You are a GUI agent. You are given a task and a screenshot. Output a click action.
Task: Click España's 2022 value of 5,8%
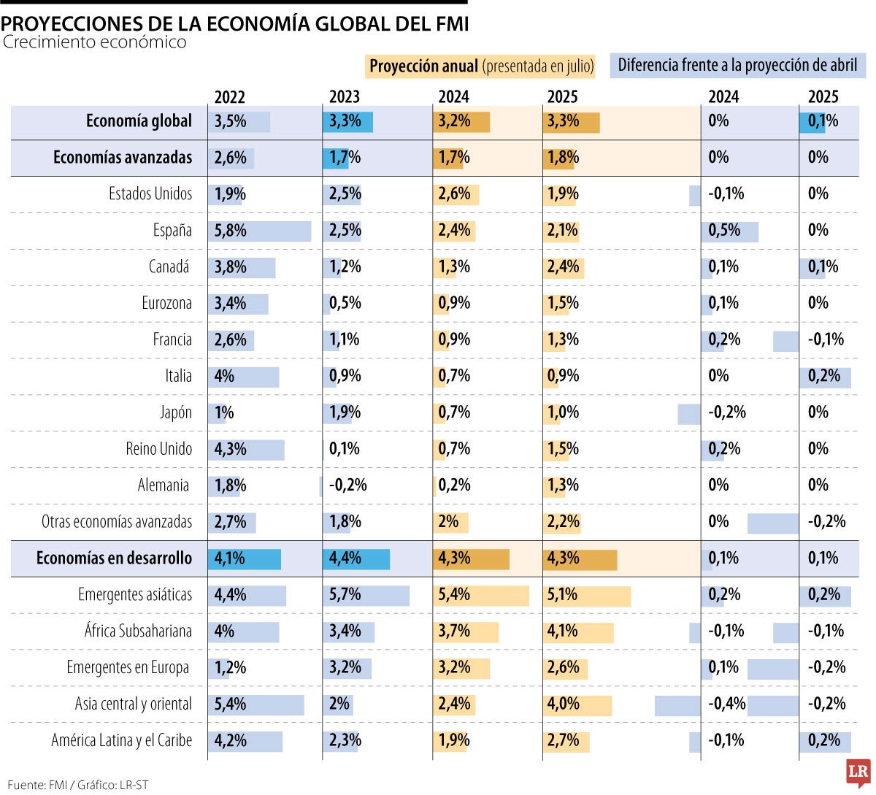[x=231, y=231]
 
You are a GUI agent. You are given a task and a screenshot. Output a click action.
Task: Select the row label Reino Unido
[x=158, y=449]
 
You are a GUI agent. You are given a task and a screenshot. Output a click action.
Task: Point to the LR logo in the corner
[x=858, y=772]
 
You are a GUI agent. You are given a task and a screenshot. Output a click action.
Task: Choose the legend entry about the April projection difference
[x=737, y=66]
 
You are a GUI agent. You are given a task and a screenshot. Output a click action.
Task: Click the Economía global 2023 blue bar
[x=347, y=122]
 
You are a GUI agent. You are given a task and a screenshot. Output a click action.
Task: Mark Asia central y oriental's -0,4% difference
[x=726, y=704]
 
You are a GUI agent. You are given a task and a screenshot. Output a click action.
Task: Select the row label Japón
[x=175, y=412]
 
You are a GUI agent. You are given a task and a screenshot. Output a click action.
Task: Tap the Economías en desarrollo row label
[x=114, y=558]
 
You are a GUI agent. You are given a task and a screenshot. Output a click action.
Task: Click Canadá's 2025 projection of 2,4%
[x=563, y=267]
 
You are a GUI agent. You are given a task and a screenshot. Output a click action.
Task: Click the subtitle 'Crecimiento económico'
[x=94, y=42]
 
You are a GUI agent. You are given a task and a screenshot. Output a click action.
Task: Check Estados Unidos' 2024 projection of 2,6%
[x=454, y=194]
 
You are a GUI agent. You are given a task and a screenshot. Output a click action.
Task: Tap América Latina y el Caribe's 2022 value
[x=231, y=741]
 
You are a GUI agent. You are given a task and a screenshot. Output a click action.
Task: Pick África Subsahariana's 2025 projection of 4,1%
[x=563, y=631]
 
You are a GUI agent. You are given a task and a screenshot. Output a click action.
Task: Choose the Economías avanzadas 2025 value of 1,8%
[x=563, y=158]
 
